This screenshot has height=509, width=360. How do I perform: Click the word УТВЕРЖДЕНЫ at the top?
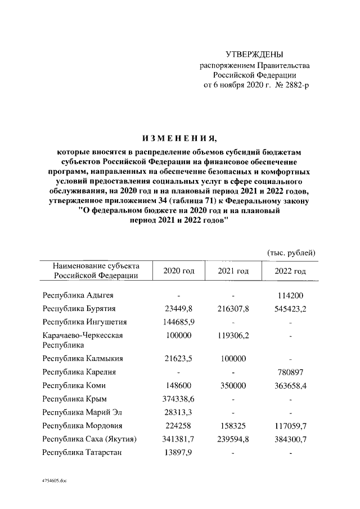[254, 55]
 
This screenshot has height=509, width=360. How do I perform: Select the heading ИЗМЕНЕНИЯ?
[179, 138]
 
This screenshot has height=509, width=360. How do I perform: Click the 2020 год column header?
[179, 271]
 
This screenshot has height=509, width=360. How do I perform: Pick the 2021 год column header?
[233, 271]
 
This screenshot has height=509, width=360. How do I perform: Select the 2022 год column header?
[290, 271]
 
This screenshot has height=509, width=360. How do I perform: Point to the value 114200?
[290, 295]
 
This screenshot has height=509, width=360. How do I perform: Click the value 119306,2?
[233, 336]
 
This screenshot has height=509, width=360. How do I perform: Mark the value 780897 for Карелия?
[290, 372]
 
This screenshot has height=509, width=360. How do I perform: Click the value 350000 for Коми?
[233, 385]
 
